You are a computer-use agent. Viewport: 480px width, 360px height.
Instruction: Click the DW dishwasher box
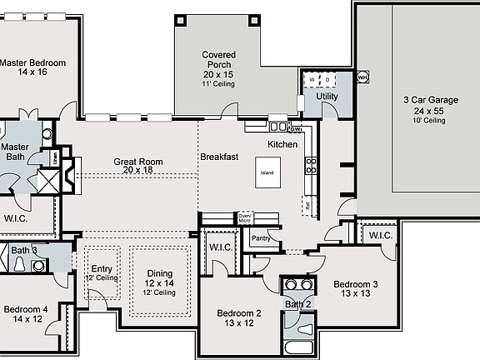295,129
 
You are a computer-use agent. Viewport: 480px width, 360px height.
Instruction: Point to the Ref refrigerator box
307,205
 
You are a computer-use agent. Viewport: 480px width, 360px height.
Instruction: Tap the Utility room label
327,97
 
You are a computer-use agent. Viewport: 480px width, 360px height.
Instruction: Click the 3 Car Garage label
420,99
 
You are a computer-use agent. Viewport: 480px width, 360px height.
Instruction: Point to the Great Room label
138,162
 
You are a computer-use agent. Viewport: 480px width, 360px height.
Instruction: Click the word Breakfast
219,157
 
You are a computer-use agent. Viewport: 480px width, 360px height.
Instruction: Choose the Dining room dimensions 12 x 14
160,283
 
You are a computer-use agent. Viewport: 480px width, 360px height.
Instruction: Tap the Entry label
102,268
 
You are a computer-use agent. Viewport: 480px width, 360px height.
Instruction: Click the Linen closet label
54,157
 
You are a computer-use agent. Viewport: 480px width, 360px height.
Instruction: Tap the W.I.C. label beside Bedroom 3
380,236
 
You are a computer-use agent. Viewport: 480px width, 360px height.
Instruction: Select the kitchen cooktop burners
311,165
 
